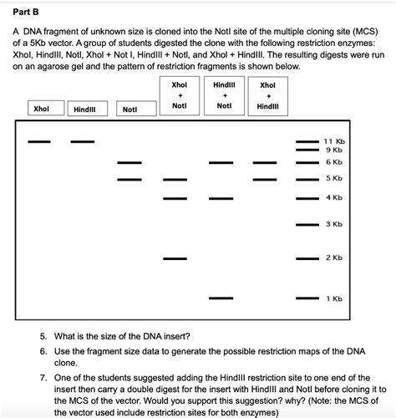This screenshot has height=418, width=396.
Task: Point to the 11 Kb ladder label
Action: (333, 142)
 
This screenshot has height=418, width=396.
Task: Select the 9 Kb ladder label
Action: (333, 150)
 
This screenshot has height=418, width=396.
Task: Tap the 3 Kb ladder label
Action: (333, 224)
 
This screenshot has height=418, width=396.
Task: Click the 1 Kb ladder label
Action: (333, 298)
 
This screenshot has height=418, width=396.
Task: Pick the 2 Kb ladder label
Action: (333, 257)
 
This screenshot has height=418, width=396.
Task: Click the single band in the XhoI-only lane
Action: (39, 141)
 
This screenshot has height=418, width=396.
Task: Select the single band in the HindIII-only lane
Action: (82, 141)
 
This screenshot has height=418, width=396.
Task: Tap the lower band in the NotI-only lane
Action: (129, 179)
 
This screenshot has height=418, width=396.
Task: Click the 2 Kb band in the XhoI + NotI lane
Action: (175, 258)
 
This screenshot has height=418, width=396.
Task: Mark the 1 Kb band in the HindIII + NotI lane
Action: (221, 298)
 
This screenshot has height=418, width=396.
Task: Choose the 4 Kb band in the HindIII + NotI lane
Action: (221, 198)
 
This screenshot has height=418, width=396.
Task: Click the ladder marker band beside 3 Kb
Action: (307, 224)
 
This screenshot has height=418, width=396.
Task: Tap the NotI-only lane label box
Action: (129, 110)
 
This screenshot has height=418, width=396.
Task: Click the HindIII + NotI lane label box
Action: (224, 95)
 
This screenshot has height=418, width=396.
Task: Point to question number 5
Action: (43, 336)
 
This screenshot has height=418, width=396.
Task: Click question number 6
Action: (43, 352)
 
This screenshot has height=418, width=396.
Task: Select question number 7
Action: (43, 379)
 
